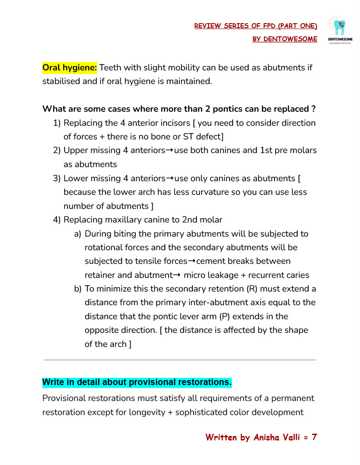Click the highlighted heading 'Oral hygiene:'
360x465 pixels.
point(70,68)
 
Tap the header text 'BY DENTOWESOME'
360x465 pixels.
point(285,39)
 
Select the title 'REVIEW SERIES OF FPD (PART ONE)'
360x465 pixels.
point(255,26)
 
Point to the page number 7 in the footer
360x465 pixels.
point(314,437)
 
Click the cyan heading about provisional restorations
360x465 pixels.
point(137,382)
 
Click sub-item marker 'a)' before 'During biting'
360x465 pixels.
point(77,234)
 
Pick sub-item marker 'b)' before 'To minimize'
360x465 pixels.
point(77,289)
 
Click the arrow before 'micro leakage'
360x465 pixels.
point(177,275)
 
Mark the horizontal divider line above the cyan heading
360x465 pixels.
point(180,360)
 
